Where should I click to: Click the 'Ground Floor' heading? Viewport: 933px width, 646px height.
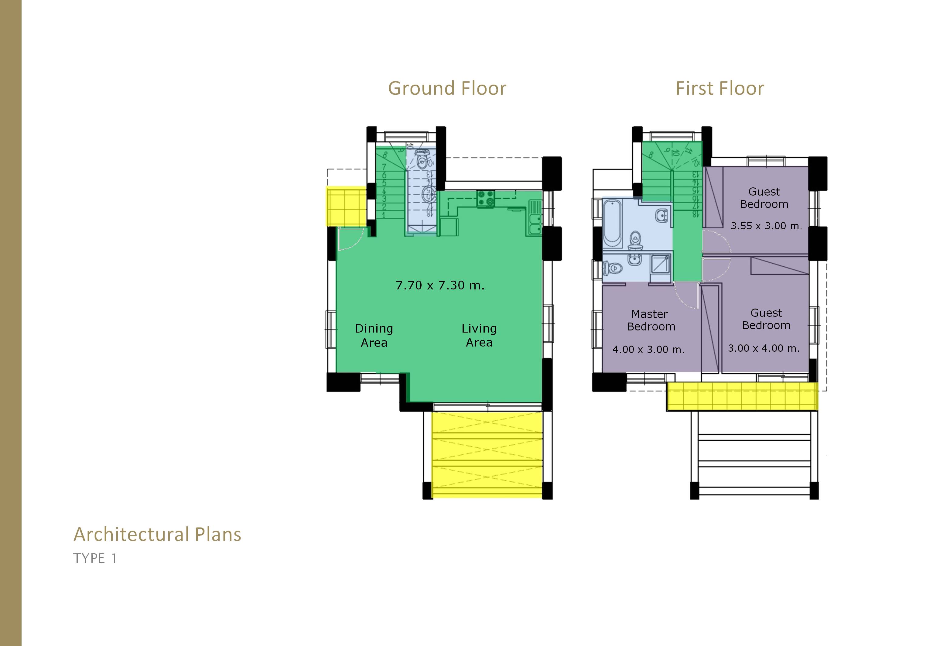coord(447,88)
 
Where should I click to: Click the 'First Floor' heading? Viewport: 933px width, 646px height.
coord(720,88)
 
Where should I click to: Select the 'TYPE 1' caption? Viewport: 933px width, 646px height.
coord(95,559)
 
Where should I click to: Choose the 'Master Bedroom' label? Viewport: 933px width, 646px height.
coord(651,320)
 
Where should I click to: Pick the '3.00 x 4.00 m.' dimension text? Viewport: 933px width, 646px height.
coord(764,348)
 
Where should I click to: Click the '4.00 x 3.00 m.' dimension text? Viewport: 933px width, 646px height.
coord(648,349)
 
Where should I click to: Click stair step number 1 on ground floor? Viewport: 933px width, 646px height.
coord(384,215)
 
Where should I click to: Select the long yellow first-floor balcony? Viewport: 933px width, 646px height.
coord(742,396)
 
